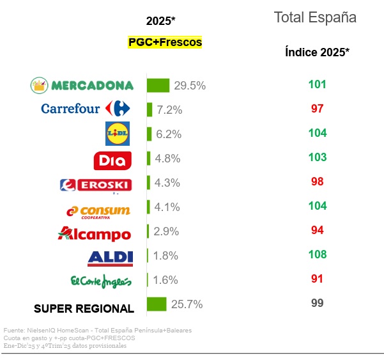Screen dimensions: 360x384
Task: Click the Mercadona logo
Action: coord(82,85)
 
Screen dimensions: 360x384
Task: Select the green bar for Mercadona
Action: coord(158,85)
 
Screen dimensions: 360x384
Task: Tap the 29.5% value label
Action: coord(189,86)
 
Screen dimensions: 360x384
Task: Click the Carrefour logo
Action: coord(86,109)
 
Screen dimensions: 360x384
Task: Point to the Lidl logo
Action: coord(117,133)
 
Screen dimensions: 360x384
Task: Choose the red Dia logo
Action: coord(113,160)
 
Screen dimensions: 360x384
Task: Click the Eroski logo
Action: coord(95,185)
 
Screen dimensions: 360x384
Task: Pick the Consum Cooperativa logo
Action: coord(99,211)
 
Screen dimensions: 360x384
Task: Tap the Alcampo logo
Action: coord(94,234)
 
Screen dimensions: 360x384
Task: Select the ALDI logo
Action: coord(111,258)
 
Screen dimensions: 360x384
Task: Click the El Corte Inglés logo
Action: coord(100,281)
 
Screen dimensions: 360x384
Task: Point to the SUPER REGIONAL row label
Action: coord(84,308)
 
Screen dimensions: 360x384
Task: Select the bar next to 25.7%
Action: coord(157,304)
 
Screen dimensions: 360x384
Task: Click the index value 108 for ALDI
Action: coord(317,254)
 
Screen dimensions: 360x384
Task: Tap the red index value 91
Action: coord(317,279)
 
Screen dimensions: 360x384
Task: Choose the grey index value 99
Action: coord(317,303)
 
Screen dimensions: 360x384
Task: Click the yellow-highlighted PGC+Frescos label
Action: coord(165,42)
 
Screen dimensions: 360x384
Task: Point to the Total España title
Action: coord(315,17)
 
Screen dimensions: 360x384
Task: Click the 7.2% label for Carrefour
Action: coord(169,110)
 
